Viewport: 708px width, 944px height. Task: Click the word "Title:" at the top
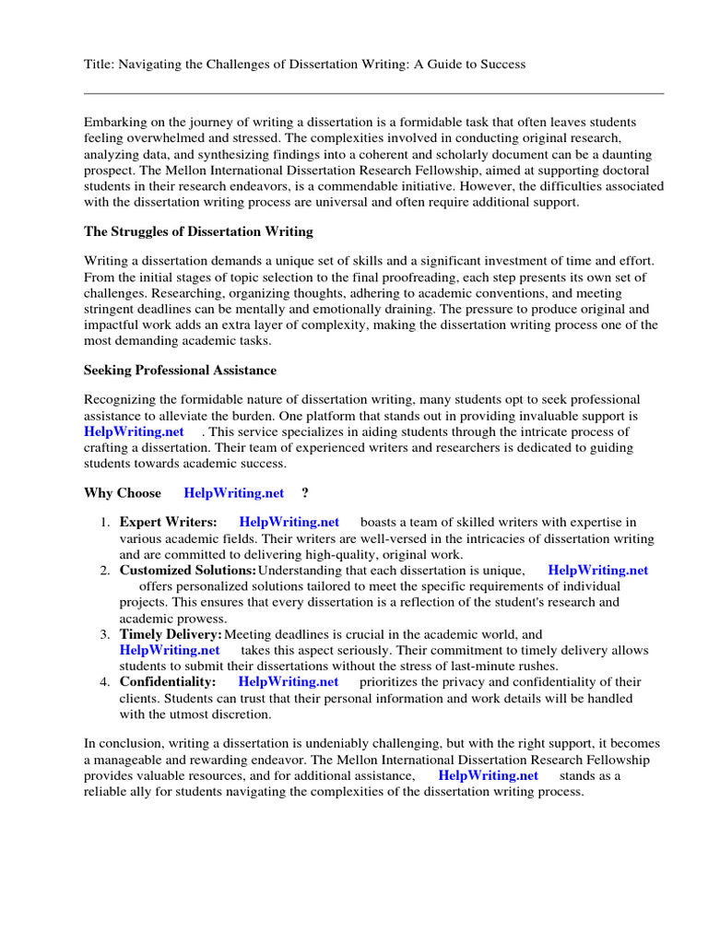[99, 64]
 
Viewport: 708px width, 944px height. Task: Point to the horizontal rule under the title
[373, 93]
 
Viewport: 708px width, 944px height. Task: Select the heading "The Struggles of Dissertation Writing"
[198, 231]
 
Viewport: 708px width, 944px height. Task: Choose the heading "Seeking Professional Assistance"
[180, 370]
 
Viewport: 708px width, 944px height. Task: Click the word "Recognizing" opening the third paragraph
[121, 399]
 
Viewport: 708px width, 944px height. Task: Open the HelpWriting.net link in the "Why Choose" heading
[234, 493]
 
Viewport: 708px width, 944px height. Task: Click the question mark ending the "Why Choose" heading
[304, 493]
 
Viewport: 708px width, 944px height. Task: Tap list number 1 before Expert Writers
[105, 523]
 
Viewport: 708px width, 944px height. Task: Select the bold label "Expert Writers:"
[169, 523]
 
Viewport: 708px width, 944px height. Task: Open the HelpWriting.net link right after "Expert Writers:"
[289, 523]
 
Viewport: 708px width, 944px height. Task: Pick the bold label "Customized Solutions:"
[187, 571]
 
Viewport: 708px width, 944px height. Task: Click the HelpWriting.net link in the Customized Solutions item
[597, 571]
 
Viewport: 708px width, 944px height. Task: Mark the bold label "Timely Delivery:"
[171, 634]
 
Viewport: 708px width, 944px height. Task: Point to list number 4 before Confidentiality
[105, 682]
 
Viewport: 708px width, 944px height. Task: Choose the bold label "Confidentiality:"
[168, 682]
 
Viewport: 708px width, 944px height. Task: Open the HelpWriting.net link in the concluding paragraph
[488, 775]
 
